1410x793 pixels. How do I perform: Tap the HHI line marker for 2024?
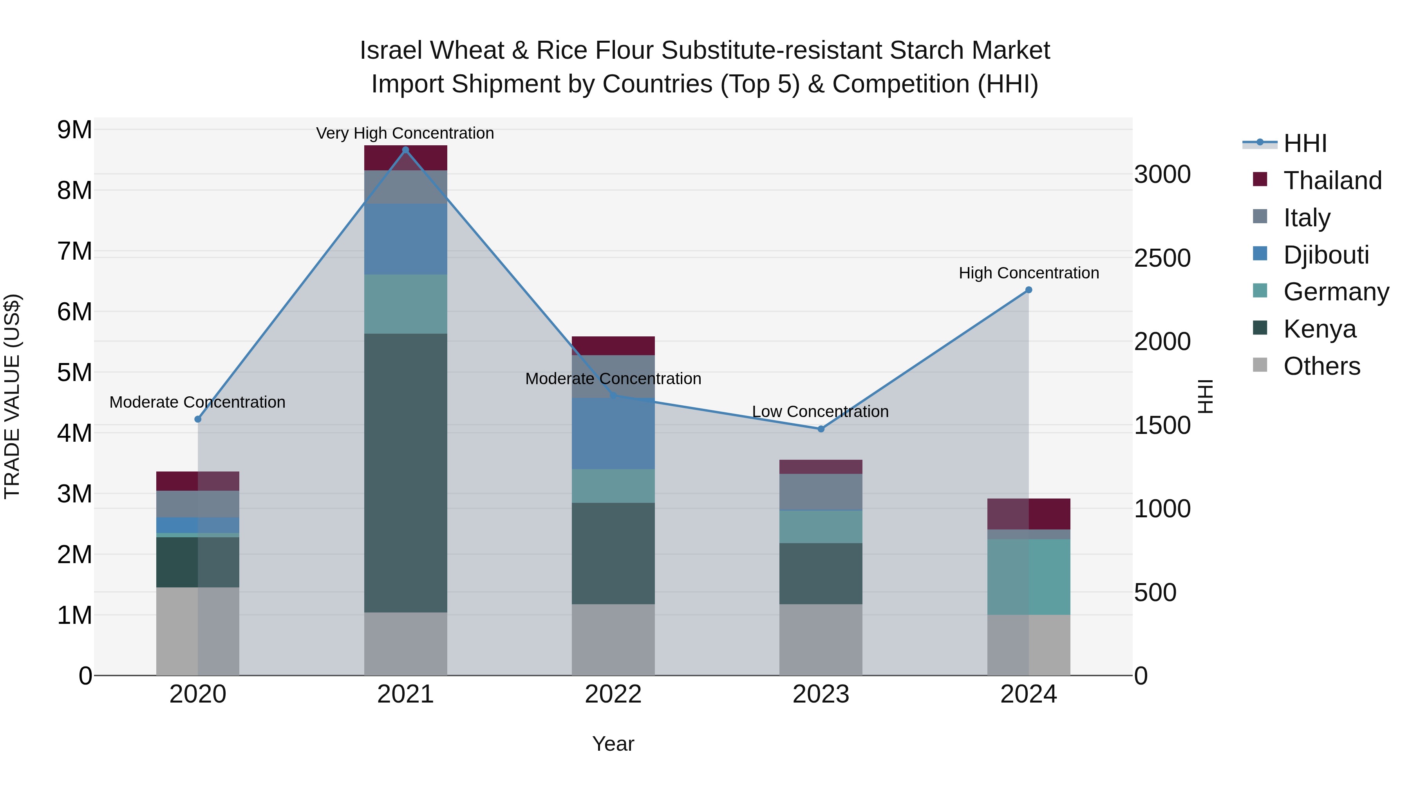tap(1029, 290)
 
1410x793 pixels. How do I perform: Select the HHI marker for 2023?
tap(821, 429)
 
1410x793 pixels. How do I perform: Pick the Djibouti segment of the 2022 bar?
tap(613, 434)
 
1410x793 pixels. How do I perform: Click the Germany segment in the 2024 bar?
tap(1029, 577)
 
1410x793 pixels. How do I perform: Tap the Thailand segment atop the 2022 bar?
tap(613, 346)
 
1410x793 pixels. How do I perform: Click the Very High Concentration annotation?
tap(405, 134)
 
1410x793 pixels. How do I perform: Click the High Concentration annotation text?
tap(1029, 273)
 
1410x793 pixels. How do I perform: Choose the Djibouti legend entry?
tap(1326, 255)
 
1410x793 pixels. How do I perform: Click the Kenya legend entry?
tap(1319, 329)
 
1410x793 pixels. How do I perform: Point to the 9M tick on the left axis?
tap(74, 130)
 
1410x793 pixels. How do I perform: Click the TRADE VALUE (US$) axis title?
tap(13, 396)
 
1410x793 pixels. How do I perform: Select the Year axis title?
tap(613, 744)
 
